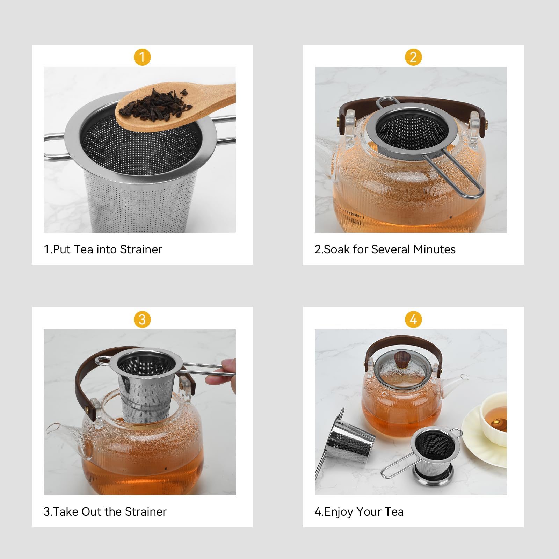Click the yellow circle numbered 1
[142, 57]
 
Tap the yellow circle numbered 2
[413, 57]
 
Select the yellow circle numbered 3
[142, 319]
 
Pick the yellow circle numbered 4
[413, 319]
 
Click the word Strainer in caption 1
[141, 249]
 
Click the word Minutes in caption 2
[434, 249]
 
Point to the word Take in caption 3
[66, 511]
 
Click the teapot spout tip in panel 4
[464, 378]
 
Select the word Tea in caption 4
[394, 511]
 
